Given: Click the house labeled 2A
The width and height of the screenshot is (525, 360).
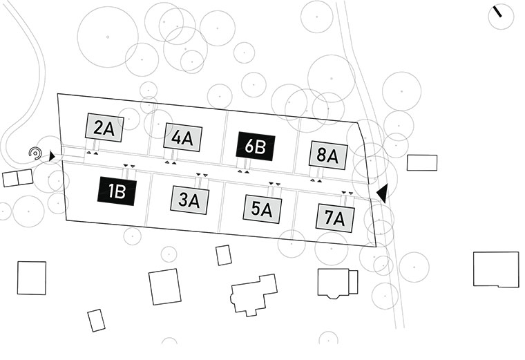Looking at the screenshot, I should pyautogui.click(x=104, y=127).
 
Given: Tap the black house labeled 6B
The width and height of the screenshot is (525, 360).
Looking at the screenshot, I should pyautogui.click(x=256, y=146).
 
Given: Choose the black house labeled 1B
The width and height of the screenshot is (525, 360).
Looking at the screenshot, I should pyautogui.click(x=116, y=191).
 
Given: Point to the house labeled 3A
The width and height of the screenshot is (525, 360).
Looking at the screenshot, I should pyautogui.click(x=189, y=200).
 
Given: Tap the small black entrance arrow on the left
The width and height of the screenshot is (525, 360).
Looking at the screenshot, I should pyautogui.click(x=53, y=157).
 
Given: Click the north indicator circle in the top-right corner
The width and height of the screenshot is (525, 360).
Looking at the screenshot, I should pyautogui.click(x=500, y=16).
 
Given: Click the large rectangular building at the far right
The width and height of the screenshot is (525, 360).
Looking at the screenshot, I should pyautogui.click(x=495, y=269).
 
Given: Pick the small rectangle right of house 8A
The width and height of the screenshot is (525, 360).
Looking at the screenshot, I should pyautogui.click(x=421, y=162).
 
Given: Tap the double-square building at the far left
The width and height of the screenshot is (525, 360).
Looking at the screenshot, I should pyautogui.click(x=18, y=178).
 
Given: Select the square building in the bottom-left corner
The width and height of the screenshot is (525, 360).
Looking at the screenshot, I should pyautogui.click(x=32, y=278).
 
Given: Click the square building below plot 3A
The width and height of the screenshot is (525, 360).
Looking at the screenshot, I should pyautogui.click(x=164, y=286).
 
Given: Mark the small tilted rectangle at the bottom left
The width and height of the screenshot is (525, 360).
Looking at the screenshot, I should pyautogui.click(x=96, y=320).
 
